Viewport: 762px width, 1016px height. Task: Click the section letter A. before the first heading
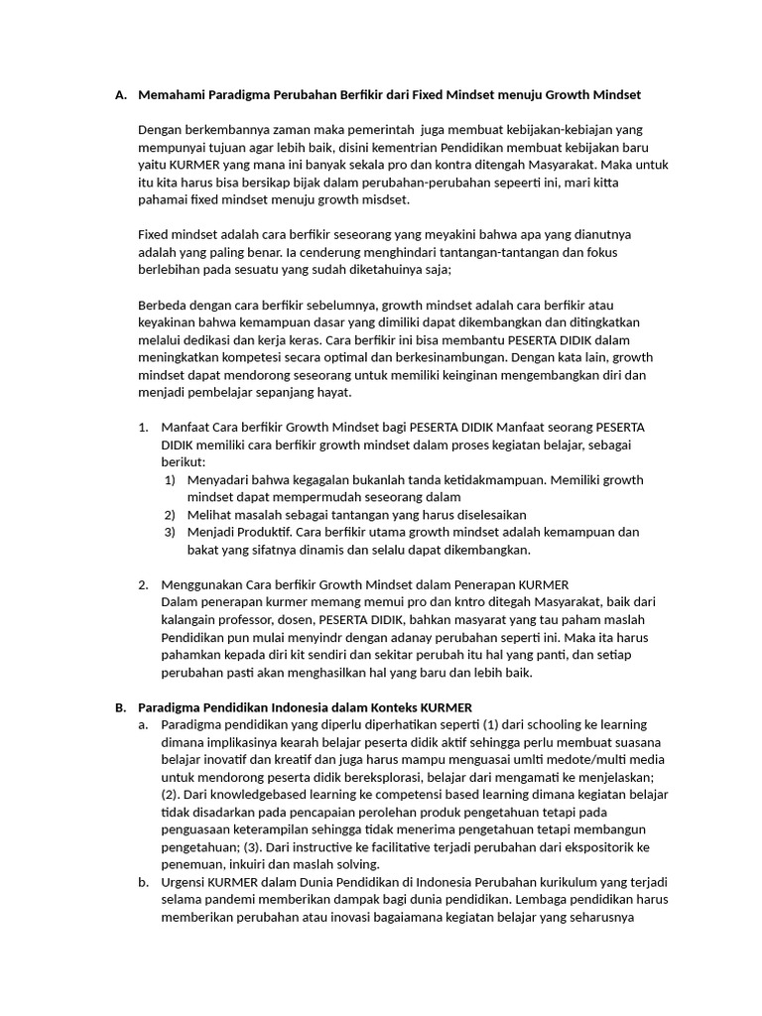(120, 95)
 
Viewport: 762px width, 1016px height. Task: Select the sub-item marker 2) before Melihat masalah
(170, 515)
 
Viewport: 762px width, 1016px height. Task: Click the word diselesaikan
(481, 515)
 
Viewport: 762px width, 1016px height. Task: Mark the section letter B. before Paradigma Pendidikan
(120, 706)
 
